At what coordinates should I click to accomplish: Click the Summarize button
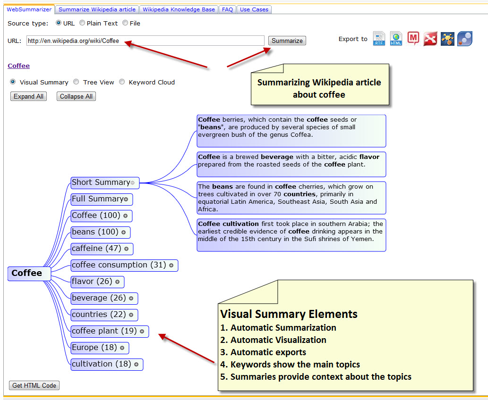click(x=287, y=41)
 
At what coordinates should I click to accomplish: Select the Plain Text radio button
click(x=82, y=23)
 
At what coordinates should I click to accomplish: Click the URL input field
click(x=145, y=41)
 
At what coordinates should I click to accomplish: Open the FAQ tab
click(x=228, y=9)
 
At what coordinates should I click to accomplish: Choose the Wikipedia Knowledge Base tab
click(x=179, y=9)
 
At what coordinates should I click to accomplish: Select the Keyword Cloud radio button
click(x=122, y=82)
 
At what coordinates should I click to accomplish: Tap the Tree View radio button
click(x=76, y=82)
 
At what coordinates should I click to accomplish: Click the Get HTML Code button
click(x=34, y=385)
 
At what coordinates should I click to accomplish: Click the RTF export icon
click(x=379, y=39)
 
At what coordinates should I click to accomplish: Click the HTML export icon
click(x=396, y=39)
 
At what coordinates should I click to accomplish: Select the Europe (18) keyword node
click(x=94, y=348)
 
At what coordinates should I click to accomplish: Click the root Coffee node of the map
click(x=27, y=273)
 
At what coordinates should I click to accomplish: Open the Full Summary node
click(x=97, y=199)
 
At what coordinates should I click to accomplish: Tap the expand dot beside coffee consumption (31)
click(x=171, y=266)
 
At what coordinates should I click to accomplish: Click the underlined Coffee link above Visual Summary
click(x=19, y=66)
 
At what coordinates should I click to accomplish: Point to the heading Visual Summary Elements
click(x=289, y=314)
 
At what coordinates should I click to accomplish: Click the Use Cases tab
click(x=254, y=9)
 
